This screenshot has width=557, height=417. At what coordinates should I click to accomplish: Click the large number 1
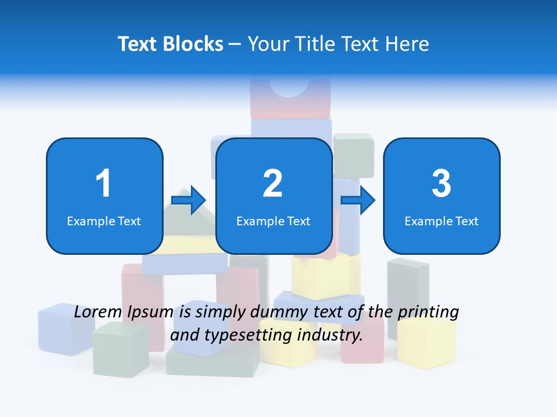(x=104, y=184)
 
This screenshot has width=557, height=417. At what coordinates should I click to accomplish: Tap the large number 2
(x=273, y=184)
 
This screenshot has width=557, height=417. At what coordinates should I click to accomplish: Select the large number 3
(x=442, y=184)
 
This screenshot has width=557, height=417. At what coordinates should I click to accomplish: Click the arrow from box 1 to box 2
(x=189, y=201)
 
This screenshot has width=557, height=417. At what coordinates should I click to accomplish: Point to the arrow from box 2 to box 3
(x=358, y=200)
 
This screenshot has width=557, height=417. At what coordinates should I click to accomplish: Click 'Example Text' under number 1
(x=104, y=221)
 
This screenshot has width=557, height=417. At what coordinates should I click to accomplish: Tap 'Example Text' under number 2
(x=273, y=221)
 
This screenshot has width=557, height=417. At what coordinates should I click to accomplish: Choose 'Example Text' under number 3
(x=442, y=221)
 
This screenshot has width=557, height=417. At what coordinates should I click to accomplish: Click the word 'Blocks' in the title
(x=193, y=44)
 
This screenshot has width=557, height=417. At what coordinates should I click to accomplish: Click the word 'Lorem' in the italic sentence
(x=97, y=312)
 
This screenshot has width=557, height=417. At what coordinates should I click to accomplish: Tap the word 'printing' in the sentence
(x=428, y=313)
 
